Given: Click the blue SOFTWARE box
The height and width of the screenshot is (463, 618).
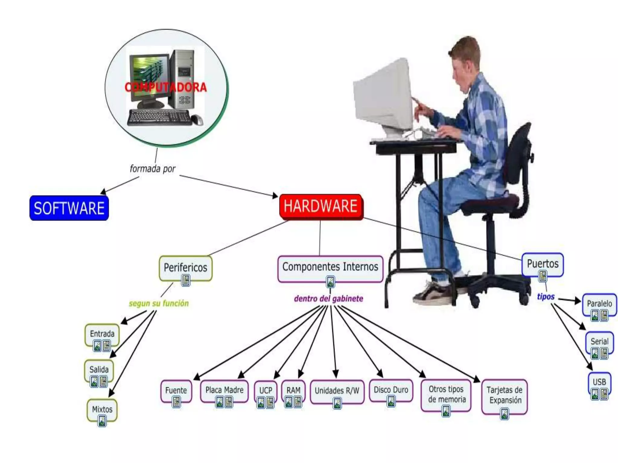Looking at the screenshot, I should coord(69,208).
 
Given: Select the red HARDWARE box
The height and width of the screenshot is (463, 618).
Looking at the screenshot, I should coord(321,206).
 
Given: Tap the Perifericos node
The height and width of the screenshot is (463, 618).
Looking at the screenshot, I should coord(185,268).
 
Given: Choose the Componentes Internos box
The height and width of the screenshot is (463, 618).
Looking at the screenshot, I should coord(330,267).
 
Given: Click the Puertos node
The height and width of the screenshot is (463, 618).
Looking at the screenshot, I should coord(543,264).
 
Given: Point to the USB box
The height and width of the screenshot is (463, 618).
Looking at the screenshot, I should coord(599,382).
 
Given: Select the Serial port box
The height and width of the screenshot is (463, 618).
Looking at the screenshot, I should coord(599,342).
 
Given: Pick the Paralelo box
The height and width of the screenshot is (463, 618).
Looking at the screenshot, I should coord(599,304).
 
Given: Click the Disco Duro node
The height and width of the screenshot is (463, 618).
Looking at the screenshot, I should coord(391,390).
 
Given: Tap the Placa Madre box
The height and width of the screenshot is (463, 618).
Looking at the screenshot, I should coord(224,390).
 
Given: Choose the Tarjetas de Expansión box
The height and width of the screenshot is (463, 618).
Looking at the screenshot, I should coord(504,395).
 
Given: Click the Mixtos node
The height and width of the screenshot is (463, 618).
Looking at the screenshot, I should coord(102,409).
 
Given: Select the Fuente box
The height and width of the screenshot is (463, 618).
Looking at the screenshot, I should coord(176,390).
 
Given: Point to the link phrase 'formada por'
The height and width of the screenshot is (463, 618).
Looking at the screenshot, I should coord(152,169).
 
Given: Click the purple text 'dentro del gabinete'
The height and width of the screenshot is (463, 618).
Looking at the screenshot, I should coord(329,299).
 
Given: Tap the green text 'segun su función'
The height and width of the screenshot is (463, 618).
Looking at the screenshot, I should coord(159,303).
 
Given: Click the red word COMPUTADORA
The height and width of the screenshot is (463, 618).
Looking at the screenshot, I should coord(166,87).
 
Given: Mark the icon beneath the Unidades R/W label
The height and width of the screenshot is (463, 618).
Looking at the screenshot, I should coord(337,403).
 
